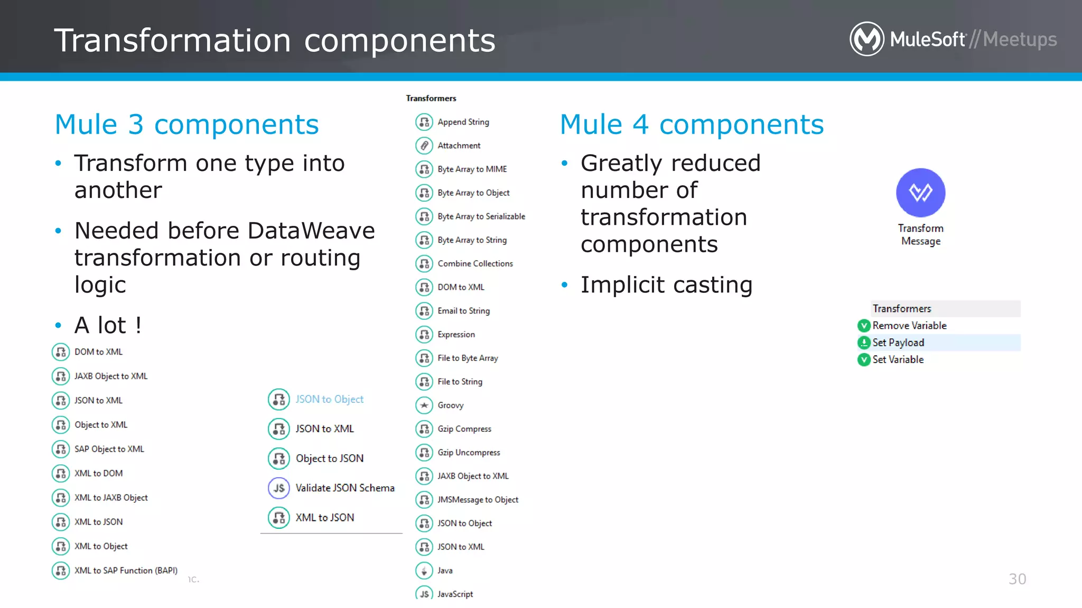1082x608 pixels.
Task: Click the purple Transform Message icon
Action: tap(920, 193)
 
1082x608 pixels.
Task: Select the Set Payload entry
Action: tap(898, 343)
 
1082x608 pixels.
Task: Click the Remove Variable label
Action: tap(909, 326)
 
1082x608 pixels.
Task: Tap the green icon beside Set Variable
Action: tap(864, 359)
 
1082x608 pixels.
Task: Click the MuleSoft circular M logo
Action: tap(866, 39)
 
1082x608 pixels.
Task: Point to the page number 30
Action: tap(1017, 579)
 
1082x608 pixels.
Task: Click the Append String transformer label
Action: tap(463, 122)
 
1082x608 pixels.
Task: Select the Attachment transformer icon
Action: tap(424, 145)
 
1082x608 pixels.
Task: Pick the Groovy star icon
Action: tap(424, 405)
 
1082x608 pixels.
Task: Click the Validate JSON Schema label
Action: tap(344, 488)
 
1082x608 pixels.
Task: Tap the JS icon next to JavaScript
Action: tap(424, 594)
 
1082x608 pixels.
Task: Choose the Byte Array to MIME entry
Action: tap(472, 169)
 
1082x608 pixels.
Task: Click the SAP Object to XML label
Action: tap(109, 449)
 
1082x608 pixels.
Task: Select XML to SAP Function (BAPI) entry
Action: tap(126, 571)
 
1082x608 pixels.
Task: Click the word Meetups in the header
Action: tap(1020, 40)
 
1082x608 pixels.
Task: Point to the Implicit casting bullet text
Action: tap(666, 285)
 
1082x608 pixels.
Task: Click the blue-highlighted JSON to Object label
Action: tap(329, 400)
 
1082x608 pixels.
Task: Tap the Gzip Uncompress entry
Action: tap(469, 453)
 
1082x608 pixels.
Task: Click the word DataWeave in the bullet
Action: tap(311, 231)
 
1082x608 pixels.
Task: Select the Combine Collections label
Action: tap(475, 263)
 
